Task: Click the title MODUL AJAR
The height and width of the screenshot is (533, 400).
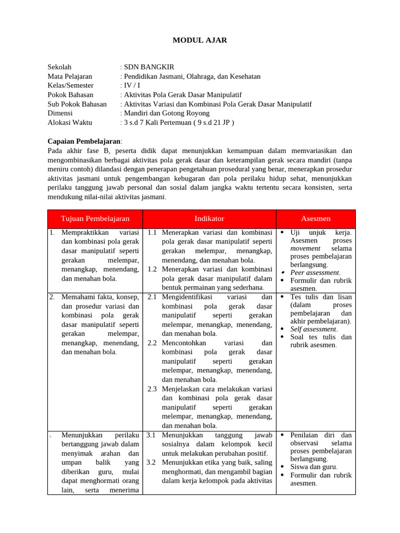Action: (x=200, y=40)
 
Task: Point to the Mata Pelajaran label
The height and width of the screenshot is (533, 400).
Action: (x=69, y=76)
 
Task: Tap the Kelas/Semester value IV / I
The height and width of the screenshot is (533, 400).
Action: (x=132, y=85)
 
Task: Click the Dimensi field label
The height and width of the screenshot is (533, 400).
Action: (x=60, y=113)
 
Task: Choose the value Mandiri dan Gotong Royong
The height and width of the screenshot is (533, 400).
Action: (x=162, y=113)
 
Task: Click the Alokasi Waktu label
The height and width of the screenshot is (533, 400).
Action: (x=69, y=122)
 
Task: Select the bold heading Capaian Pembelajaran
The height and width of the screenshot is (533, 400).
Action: (x=84, y=141)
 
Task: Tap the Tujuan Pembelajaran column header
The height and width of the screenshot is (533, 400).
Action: (x=95, y=219)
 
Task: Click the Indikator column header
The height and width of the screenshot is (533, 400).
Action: (x=209, y=219)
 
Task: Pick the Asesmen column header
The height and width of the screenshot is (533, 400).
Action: (x=316, y=219)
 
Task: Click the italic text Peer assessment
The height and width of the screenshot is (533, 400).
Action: (x=315, y=272)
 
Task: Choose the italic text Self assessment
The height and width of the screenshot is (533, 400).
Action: (x=314, y=329)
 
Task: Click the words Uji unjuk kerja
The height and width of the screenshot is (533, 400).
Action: (x=321, y=233)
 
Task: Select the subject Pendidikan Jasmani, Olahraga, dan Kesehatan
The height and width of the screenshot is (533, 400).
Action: (x=192, y=76)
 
